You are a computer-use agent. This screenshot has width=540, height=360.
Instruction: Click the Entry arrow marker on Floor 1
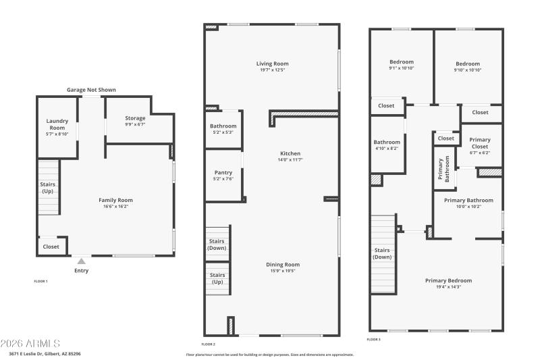pyautogui.click(x=81, y=261)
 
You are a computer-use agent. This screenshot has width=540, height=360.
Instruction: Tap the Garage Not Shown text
pyautogui.click(x=91, y=90)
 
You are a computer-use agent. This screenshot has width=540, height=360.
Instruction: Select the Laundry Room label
pyautogui.click(x=57, y=124)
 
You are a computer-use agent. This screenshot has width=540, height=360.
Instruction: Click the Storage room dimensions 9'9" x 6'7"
pyautogui.click(x=135, y=124)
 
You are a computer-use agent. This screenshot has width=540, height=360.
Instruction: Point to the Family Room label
pyautogui.click(x=115, y=200)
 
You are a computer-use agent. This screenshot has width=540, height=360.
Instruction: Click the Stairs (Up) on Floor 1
pyautogui.click(x=47, y=187)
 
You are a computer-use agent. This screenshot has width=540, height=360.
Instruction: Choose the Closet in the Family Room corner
pyautogui.click(x=51, y=247)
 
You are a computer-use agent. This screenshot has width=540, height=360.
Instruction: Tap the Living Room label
pyautogui.click(x=272, y=64)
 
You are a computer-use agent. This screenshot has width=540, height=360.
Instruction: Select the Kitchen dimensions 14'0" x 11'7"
pyautogui.click(x=290, y=159)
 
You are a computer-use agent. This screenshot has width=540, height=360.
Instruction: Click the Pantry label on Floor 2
pyautogui.click(x=223, y=172)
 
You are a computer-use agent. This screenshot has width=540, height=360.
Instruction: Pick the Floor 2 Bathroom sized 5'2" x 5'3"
pyautogui.click(x=223, y=129)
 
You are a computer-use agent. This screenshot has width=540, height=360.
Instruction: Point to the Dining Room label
pyautogui.click(x=283, y=265)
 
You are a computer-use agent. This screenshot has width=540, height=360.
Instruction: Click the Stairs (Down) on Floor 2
pyautogui.click(x=217, y=244)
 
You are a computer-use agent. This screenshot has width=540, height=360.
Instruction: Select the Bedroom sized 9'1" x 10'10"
pyautogui.click(x=402, y=66)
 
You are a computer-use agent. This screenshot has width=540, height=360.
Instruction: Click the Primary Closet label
pyautogui.click(x=480, y=143)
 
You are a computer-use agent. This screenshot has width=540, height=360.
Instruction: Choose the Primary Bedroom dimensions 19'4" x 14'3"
pyautogui.click(x=448, y=287)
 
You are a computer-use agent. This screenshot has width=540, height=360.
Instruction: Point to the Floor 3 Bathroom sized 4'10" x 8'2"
pyautogui.click(x=387, y=145)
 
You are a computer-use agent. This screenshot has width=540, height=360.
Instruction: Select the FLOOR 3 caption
pyautogui.click(x=374, y=339)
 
